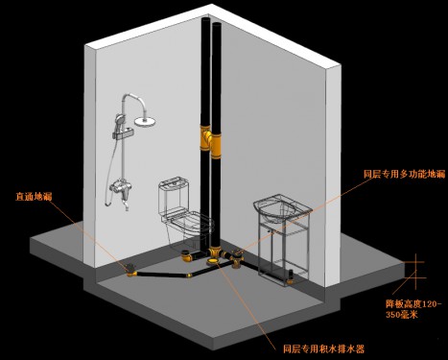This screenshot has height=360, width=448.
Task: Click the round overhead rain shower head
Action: (145, 121)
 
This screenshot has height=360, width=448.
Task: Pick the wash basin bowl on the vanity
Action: (281, 207)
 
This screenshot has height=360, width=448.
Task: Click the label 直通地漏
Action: (34, 196)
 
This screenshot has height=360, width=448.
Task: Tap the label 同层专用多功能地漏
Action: (405, 174)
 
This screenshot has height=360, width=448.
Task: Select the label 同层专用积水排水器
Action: (323, 348)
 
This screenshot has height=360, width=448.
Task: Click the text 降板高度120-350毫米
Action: (413, 309)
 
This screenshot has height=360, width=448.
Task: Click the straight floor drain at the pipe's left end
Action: (130, 270)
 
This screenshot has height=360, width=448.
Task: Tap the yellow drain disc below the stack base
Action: (213, 262)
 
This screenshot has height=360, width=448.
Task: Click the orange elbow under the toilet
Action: (186, 255)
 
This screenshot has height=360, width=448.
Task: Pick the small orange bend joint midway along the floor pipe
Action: (189, 276)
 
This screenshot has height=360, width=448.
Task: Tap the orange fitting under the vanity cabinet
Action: (290, 277)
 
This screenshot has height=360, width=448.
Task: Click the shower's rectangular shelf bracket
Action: (123, 134)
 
